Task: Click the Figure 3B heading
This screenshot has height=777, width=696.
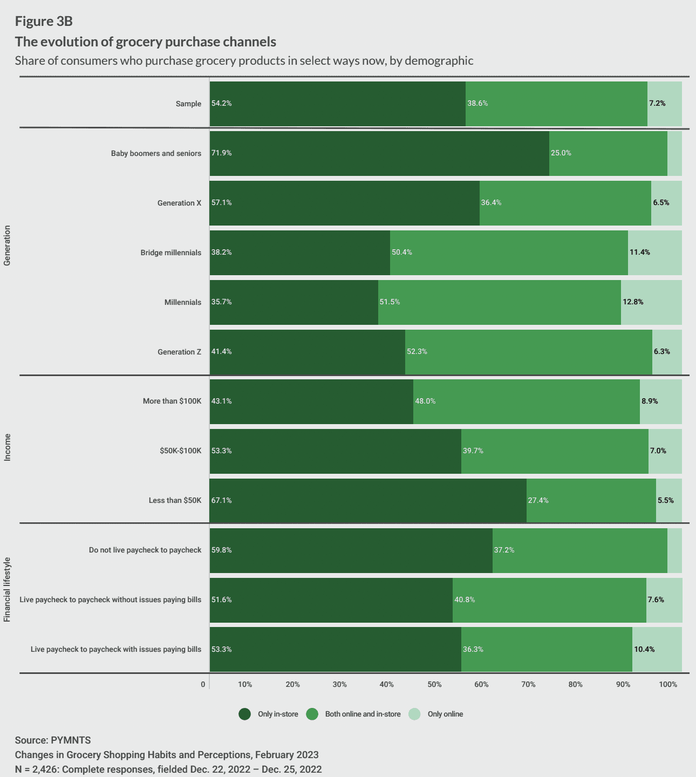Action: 44,22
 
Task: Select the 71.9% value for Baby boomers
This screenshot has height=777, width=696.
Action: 221,153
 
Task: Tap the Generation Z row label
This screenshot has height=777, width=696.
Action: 179,352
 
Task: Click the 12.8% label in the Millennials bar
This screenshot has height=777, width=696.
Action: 633,302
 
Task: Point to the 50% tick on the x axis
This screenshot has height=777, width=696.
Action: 434,684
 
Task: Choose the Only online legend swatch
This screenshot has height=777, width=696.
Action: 414,714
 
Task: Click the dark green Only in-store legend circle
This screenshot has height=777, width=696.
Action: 245,714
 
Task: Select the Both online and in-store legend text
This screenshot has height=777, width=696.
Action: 363,714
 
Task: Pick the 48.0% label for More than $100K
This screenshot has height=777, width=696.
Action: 425,401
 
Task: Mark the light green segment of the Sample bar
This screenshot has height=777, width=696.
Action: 665,104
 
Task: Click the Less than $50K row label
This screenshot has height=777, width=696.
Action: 175,501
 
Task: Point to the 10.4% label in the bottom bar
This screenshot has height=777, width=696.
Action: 644,649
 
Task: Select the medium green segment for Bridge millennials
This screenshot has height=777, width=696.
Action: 509,253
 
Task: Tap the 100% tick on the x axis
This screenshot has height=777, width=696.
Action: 668,684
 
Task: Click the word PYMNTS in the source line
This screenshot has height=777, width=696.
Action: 71,740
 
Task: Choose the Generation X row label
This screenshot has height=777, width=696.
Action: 179,203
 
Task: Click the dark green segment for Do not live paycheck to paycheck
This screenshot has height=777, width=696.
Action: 351,550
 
